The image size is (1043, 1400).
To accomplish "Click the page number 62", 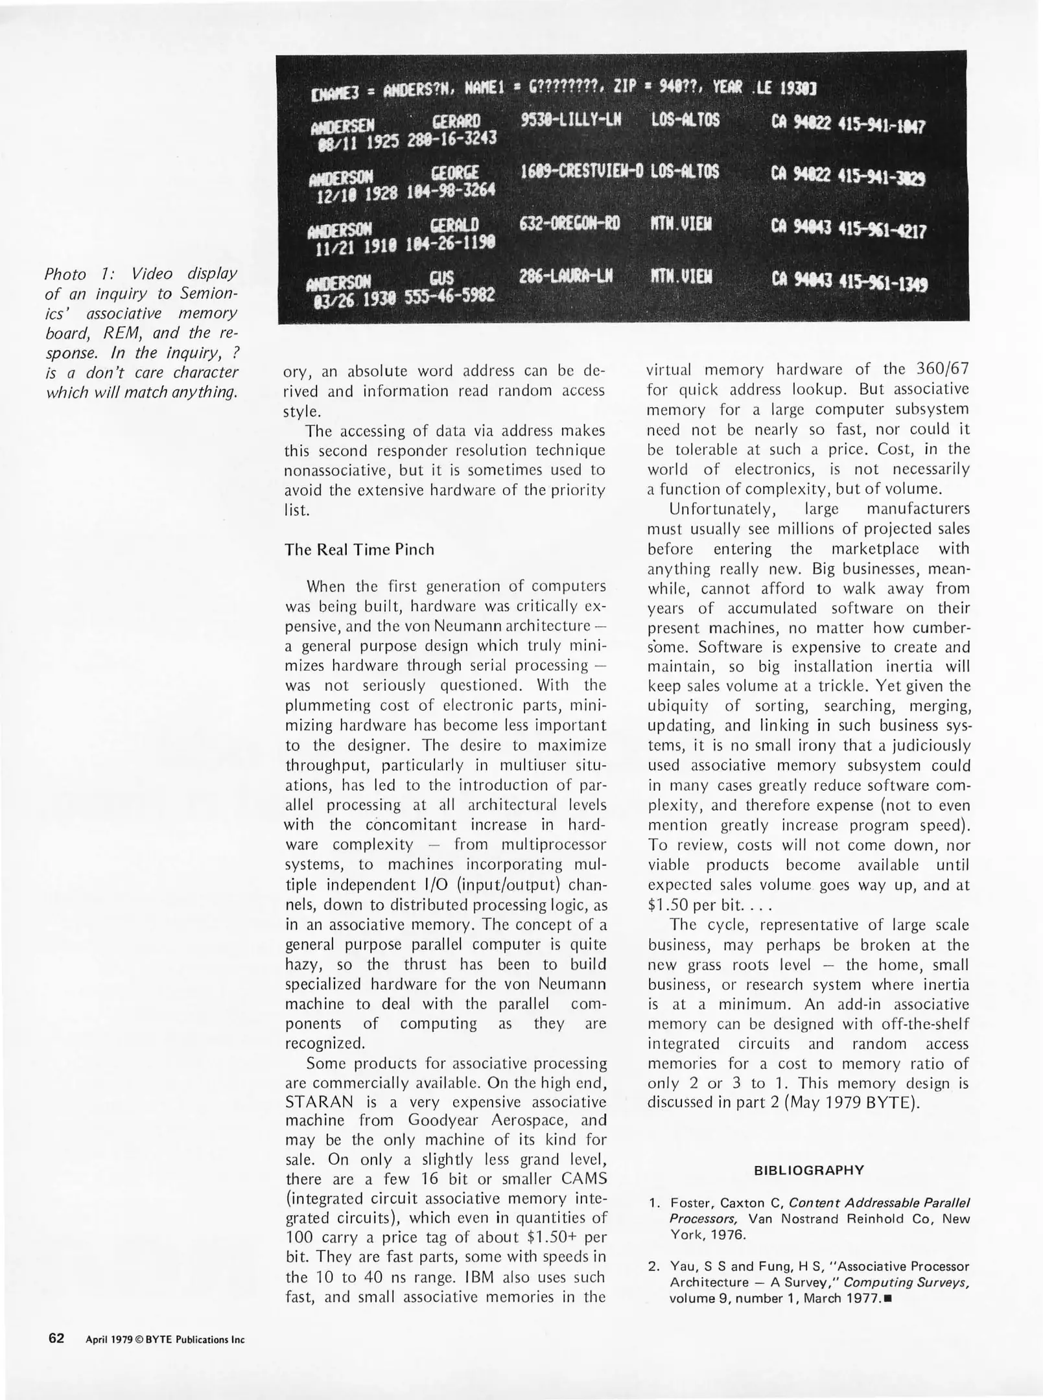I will point(56,1338).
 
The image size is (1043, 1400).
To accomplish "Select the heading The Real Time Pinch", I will point(358,550).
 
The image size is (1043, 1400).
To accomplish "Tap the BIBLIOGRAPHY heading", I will point(808,1170).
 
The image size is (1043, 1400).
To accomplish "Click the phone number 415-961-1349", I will point(882,283).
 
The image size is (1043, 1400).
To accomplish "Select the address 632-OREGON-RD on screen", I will point(570,224).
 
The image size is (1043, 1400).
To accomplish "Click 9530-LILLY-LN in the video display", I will point(570,121).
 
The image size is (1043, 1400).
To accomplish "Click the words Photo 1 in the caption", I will point(72,274).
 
